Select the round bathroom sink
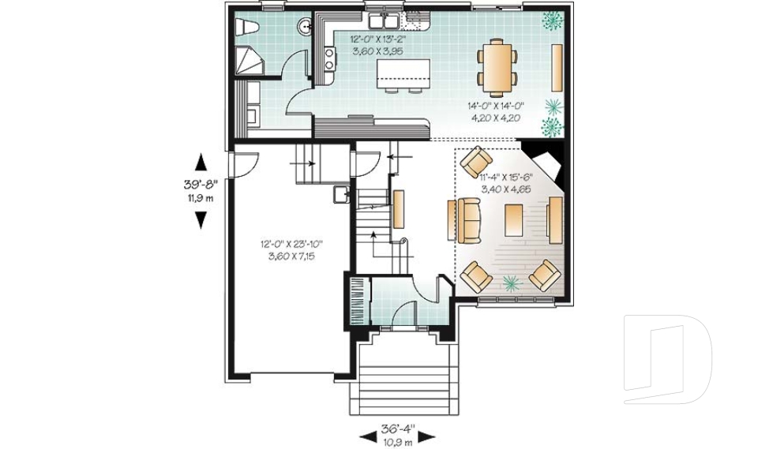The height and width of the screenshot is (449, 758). tap(305, 28)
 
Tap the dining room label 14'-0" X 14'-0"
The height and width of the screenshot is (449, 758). tap(496, 105)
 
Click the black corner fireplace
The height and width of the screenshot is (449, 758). tap(546, 157)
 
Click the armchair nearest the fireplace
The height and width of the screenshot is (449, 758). tap(476, 162)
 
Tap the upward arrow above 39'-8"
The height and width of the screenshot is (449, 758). tap(201, 163)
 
